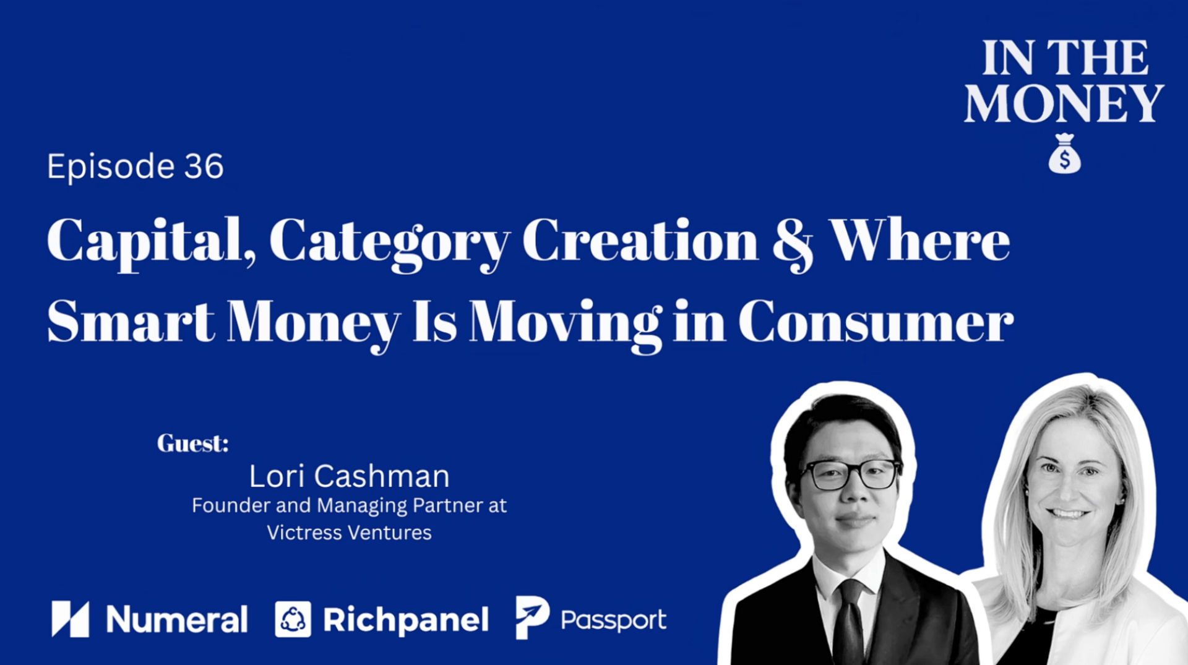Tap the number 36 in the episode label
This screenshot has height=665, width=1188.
(x=204, y=166)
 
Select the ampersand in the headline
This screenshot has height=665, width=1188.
(x=793, y=242)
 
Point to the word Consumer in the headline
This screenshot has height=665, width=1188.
(x=876, y=322)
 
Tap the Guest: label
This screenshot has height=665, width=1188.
(x=192, y=443)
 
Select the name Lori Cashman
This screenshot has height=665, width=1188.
(x=349, y=476)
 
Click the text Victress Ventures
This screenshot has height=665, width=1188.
(x=349, y=533)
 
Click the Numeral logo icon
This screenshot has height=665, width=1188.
(x=70, y=619)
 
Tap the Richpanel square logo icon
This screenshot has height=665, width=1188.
(x=293, y=619)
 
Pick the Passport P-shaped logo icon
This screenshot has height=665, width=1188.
(x=532, y=617)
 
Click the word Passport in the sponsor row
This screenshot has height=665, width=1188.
(x=613, y=620)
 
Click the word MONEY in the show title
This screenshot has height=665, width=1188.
(x=1064, y=103)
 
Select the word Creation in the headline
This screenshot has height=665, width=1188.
(x=640, y=241)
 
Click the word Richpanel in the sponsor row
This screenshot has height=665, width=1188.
(x=406, y=620)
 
